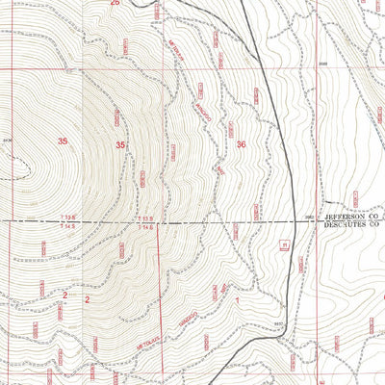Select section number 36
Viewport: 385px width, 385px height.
click(241, 144)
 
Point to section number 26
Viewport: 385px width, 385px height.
click(115, 4)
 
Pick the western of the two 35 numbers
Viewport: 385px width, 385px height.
click(63, 142)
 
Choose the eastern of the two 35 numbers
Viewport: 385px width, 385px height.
click(121, 144)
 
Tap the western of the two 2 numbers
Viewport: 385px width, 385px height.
click(64, 295)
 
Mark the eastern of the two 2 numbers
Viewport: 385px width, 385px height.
click(87, 299)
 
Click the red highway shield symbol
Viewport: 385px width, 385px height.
click(284, 244)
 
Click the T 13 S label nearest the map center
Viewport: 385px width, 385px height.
click(145, 219)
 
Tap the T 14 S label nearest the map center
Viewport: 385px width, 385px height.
click(145, 228)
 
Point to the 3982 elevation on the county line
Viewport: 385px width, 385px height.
click(310, 218)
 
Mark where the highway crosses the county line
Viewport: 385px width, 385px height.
click(294, 222)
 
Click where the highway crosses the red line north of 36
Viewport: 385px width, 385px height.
click(267, 70)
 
